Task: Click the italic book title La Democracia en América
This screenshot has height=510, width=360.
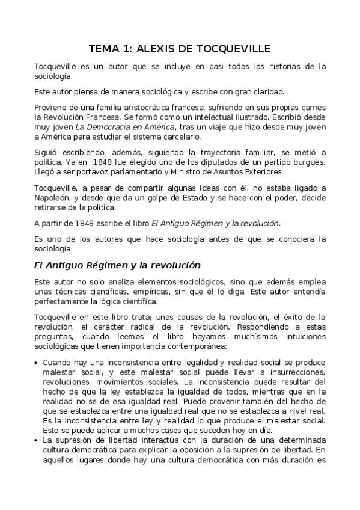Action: (x=125, y=127)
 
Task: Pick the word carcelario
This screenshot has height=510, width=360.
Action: (x=160, y=137)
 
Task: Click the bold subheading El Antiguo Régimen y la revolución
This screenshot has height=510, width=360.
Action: (x=117, y=265)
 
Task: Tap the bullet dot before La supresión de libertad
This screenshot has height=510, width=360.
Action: (x=37, y=440)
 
